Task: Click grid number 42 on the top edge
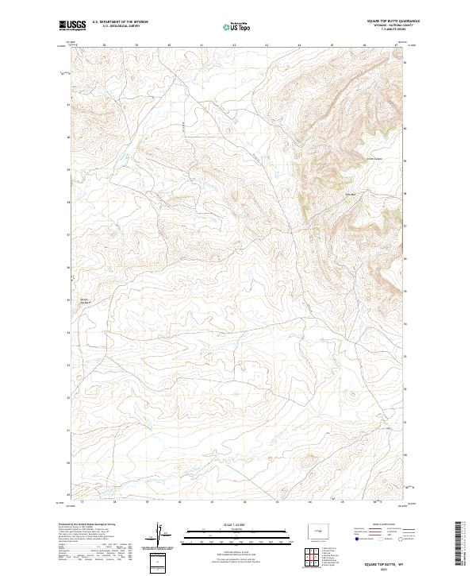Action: click(x=234, y=45)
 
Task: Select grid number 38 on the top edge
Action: click(x=104, y=45)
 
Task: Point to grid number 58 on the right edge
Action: click(x=406, y=192)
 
